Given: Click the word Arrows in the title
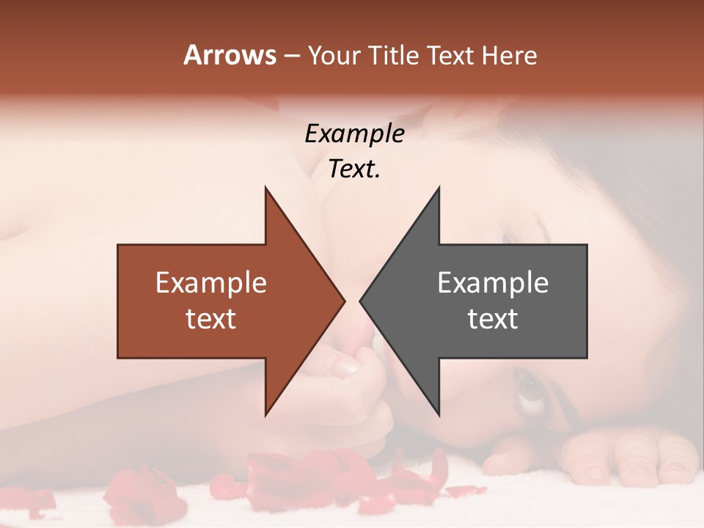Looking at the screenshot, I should pos(230,55).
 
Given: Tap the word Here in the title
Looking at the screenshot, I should pos(508,56).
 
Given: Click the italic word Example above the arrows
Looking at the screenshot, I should pos(354,134).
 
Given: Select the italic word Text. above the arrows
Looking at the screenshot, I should pos(354,169).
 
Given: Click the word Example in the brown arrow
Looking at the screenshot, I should pos(211,283).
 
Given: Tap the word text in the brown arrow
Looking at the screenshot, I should pos(211,319).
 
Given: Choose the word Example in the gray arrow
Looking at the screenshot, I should pos(493,283).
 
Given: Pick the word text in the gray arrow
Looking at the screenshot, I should pos(493,319).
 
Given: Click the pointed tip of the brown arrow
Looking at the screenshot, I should pos(345,301).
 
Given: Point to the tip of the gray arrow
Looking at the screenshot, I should pos(360,301).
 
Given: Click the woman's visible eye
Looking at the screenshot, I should pos(529,388).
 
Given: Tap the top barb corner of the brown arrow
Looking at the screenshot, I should pos(265,187).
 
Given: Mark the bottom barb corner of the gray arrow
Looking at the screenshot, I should pos(439,416).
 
